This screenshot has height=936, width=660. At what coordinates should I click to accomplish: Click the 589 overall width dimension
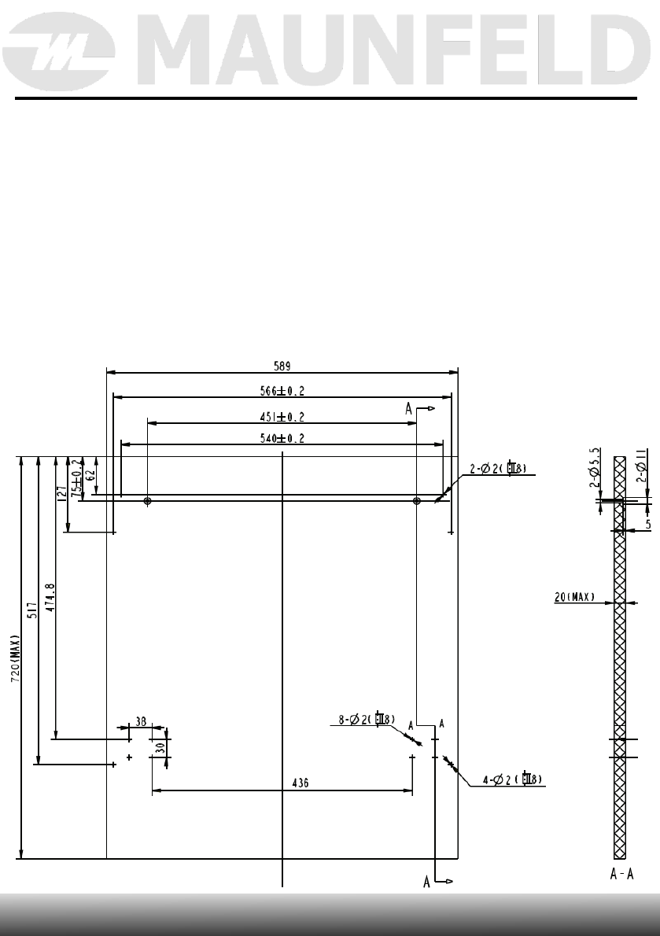(x=282, y=365)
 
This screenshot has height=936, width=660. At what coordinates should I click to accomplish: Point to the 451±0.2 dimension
(x=282, y=417)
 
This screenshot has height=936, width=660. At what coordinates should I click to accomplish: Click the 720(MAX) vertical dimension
(x=15, y=659)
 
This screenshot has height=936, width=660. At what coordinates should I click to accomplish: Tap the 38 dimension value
(x=141, y=720)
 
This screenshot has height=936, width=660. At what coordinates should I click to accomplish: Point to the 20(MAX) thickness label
(x=575, y=597)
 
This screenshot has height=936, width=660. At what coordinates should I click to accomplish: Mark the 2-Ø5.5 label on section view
(x=595, y=468)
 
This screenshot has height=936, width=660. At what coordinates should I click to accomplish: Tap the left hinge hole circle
(x=147, y=500)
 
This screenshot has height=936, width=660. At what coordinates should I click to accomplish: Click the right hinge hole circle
(x=417, y=500)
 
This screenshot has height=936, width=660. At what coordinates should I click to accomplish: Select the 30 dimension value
(x=160, y=749)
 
